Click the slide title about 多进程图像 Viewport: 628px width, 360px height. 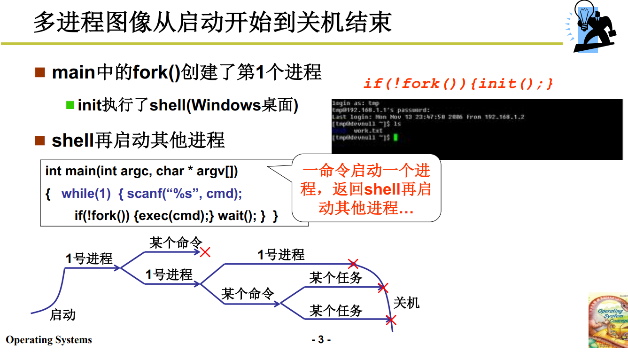click(x=212, y=22)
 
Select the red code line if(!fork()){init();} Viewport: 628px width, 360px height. click(x=458, y=84)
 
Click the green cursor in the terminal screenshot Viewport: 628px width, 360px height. click(x=395, y=137)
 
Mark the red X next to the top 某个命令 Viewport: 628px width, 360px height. click(x=205, y=252)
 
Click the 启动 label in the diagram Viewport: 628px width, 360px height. click(x=62, y=314)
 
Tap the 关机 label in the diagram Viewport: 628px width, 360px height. click(x=406, y=302)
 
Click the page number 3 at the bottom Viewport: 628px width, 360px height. click(x=321, y=339)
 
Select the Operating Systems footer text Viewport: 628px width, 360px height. click(x=49, y=340)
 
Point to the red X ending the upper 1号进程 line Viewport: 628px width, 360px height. click(x=353, y=264)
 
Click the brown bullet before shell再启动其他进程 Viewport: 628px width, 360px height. click(x=40, y=140)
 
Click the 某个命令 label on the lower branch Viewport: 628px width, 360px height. click(x=248, y=294)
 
